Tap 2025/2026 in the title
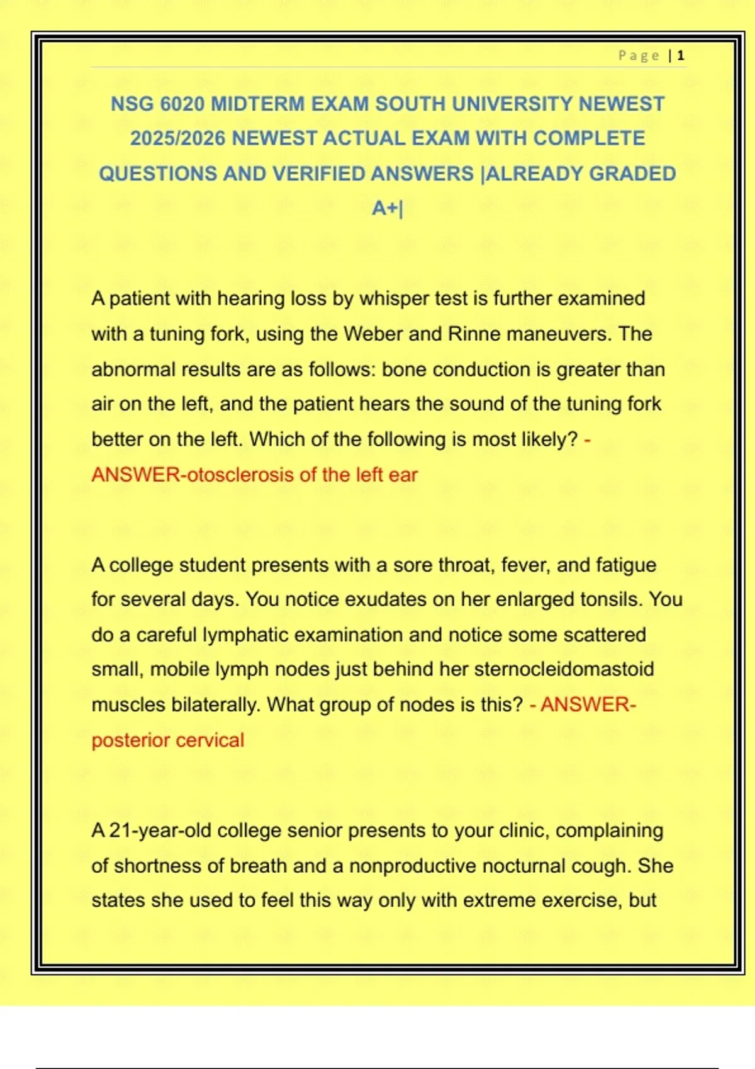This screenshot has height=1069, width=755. (x=178, y=138)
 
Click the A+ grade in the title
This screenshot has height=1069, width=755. (x=386, y=208)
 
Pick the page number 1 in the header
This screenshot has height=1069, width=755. (x=681, y=56)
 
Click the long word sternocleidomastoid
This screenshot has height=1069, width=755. (x=564, y=669)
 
